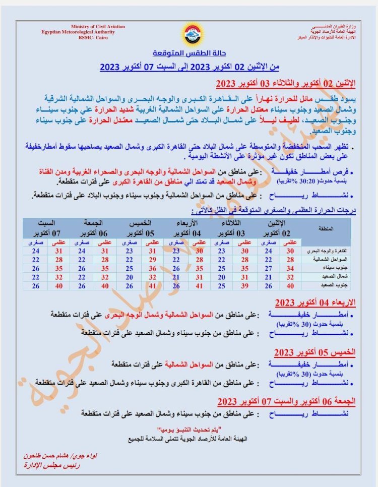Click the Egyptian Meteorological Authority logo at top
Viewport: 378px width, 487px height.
190,33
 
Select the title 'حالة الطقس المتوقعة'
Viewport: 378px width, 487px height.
189,54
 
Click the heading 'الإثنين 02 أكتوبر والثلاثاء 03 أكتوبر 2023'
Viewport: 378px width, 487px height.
286,84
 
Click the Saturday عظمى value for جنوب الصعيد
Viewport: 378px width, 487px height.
59,285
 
